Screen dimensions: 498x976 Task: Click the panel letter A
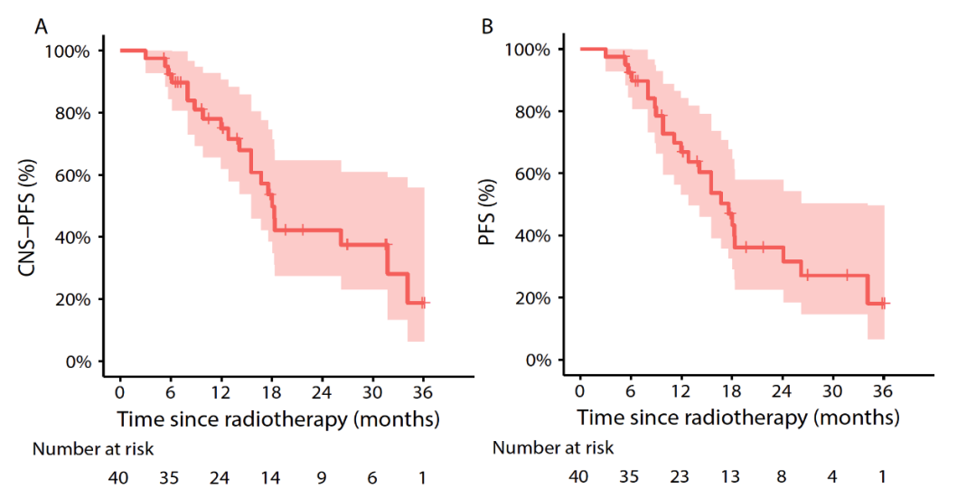41,27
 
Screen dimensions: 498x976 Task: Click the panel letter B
488,27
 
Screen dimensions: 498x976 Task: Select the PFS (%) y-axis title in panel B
490,206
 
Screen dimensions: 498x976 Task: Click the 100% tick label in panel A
68,51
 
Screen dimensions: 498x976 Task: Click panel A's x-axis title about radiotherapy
277,419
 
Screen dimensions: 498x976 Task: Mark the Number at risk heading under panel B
553,447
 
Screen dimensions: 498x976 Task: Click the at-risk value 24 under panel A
220,478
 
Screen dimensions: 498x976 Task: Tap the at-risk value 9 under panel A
320,478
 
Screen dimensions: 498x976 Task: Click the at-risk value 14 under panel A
270,478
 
